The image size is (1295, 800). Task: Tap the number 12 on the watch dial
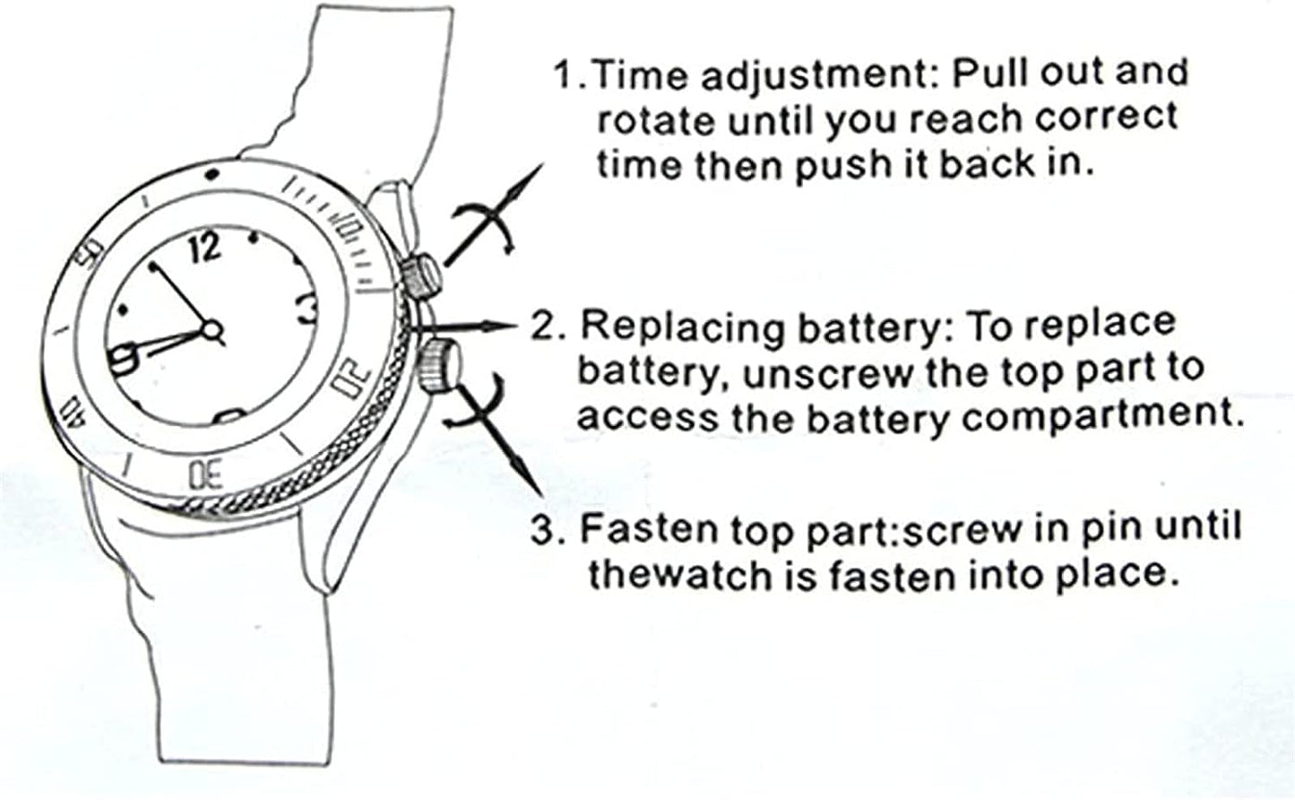click(x=205, y=248)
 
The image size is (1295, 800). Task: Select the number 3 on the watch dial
click(x=306, y=308)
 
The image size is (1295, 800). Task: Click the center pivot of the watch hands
click(x=213, y=331)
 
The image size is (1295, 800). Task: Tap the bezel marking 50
click(x=91, y=257)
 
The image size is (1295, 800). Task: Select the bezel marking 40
click(x=73, y=409)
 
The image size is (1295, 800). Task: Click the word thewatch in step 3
click(x=678, y=573)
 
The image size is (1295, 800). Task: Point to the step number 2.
click(x=545, y=326)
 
